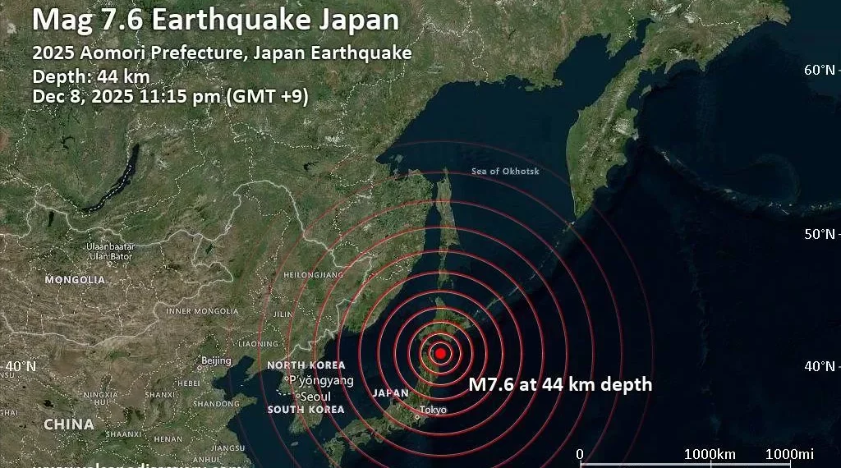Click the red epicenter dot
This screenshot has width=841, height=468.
(440, 353)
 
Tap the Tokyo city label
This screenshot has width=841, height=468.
(433, 410)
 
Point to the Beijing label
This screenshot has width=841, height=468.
(216, 360)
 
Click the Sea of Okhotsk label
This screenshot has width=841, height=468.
(506, 171)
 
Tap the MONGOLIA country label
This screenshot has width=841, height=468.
(75, 280)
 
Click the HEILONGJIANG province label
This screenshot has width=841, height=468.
(313, 274)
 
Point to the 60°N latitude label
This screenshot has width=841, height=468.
(819, 70)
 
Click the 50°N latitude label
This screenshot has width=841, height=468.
(819, 234)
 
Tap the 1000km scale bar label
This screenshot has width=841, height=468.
(710, 455)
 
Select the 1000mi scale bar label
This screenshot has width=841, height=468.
(789, 455)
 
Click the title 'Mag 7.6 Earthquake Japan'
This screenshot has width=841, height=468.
(216, 21)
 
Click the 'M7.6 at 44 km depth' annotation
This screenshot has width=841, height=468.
(560, 384)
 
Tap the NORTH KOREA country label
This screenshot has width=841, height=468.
(306, 365)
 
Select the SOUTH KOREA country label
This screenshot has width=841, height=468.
(306, 409)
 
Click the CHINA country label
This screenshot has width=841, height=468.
(68, 424)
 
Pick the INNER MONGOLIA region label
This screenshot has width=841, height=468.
(202, 311)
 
